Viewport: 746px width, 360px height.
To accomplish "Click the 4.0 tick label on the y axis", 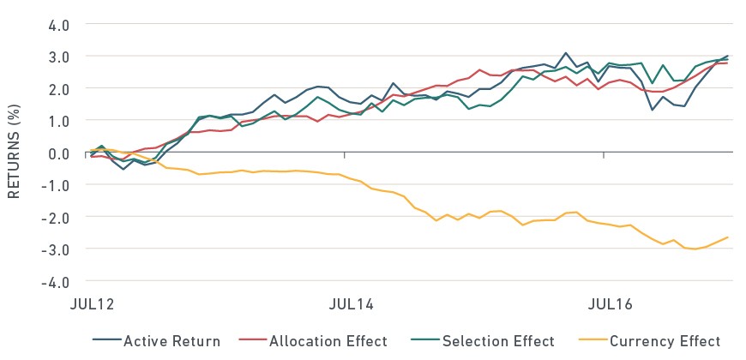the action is click(58, 25).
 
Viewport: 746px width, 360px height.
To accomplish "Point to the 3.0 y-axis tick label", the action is click(58, 57).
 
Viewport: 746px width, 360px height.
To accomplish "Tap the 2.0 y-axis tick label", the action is click(58, 89).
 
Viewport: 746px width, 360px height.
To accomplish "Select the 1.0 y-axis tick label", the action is click(58, 121).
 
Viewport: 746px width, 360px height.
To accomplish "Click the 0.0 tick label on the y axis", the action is click(58, 153).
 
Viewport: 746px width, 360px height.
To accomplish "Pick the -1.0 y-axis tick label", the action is click(55, 185).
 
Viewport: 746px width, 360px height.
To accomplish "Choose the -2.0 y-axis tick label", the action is click(55, 218).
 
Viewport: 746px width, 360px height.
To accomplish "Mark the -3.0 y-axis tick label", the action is click(55, 249).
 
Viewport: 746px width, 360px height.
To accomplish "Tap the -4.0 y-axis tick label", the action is click(55, 282).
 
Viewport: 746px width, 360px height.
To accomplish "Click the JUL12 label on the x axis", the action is click(93, 304).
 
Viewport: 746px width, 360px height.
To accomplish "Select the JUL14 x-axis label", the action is click(351, 304).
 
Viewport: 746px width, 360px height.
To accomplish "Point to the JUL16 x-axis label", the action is click(611, 304).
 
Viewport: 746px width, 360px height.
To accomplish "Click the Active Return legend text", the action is click(171, 341).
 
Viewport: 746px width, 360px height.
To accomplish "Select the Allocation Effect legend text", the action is click(328, 341).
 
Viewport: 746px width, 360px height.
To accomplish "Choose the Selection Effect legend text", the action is click(498, 341).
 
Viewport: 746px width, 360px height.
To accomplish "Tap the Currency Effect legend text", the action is click(665, 341).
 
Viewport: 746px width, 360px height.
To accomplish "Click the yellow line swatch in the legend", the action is click(593, 340).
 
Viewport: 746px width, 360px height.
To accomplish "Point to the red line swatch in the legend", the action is click(253, 340).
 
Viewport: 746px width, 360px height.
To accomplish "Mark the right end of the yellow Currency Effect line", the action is click(727, 237).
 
